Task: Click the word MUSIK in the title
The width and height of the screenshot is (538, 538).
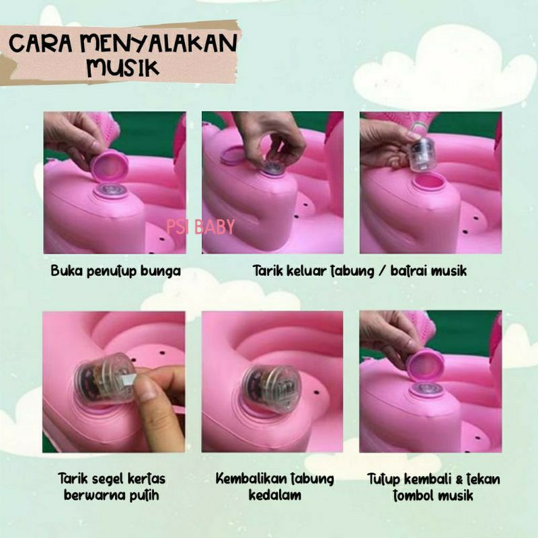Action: [123, 67]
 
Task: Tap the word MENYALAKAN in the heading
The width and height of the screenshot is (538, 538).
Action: [159, 43]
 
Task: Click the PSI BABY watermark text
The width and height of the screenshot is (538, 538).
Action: [200, 227]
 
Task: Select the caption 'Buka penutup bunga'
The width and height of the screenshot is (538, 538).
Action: [116, 271]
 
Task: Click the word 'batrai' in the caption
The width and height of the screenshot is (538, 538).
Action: [408, 271]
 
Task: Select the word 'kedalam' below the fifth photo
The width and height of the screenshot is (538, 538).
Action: [274, 495]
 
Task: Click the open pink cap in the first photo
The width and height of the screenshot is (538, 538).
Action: [109, 167]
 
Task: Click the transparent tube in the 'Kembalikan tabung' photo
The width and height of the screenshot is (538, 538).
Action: [271, 385]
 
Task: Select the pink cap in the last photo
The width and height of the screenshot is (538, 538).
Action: [425, 364]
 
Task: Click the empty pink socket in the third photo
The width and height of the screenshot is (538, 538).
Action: [429, 182]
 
